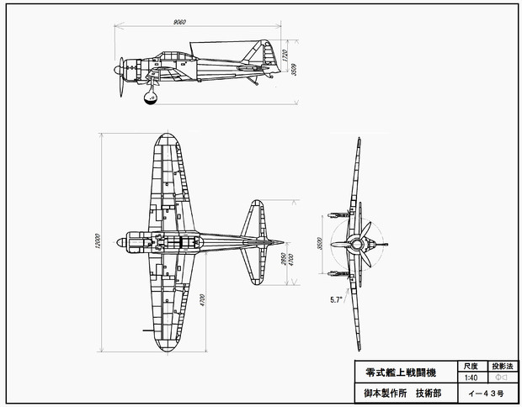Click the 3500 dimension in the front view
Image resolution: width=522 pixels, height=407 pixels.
(321, 243)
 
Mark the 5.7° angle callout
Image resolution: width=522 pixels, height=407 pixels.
(336, 299)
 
